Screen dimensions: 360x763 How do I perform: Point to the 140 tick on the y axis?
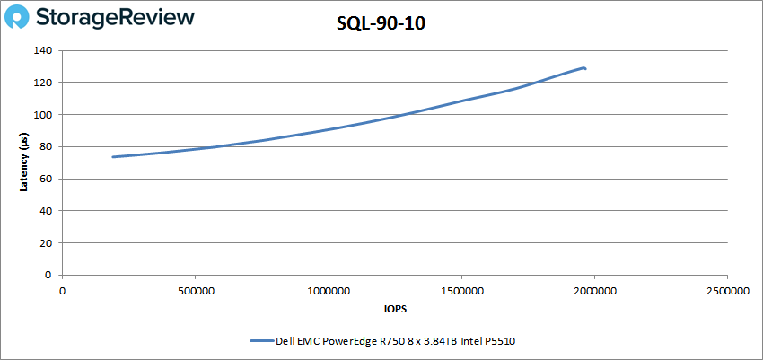(45, 50)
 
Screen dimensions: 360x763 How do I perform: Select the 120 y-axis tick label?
(45, 83)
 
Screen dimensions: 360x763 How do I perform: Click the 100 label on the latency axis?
(45, 115)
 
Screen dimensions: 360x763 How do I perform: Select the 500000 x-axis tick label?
(195, 291)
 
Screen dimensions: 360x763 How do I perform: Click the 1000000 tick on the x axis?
(328, 291)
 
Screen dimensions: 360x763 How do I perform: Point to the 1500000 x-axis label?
(460, 291)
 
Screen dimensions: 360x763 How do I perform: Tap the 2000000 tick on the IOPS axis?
(594, 291)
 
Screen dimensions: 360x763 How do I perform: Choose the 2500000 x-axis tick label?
(727, 291)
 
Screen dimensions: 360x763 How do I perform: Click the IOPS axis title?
(394, 309)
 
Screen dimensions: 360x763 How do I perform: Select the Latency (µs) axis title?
(24, 162)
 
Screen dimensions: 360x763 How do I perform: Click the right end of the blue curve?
(585, 68)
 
